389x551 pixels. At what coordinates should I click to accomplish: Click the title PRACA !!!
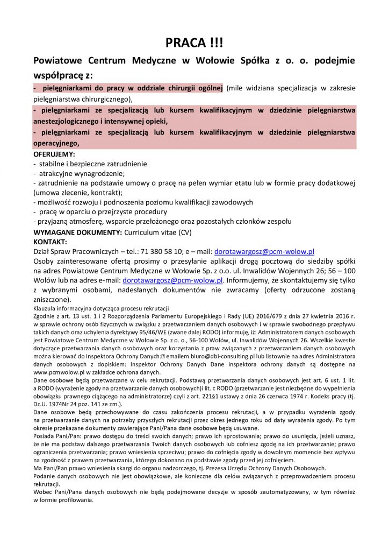(194, 43)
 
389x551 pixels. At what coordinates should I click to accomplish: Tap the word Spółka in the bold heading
(255, 61)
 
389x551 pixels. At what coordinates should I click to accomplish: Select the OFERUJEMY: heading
(54, 154)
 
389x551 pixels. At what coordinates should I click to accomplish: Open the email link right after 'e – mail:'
(264, 251)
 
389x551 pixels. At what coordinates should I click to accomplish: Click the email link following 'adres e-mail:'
(172, 280)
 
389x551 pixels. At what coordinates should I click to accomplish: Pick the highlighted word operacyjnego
(56, 143)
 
